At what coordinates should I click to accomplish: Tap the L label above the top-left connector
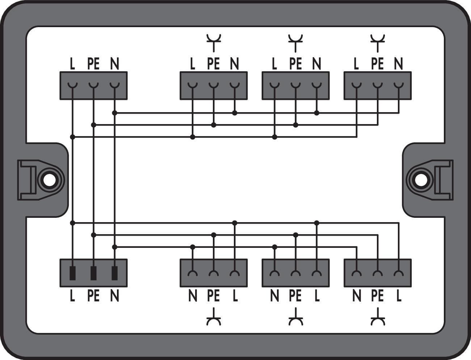72,64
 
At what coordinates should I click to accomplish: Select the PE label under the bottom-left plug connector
93,296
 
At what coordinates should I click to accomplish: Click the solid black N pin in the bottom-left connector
114,273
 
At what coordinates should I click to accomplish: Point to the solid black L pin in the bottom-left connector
72,273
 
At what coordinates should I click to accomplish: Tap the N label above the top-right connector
398,64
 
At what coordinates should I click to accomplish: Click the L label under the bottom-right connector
399,296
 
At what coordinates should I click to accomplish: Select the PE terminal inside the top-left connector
93,85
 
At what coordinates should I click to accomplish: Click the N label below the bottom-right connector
357,296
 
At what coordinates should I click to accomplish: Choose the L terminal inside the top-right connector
357,85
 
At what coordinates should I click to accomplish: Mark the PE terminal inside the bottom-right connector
378,273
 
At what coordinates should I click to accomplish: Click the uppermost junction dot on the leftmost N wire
114,113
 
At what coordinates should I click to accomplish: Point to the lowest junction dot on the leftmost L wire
72,223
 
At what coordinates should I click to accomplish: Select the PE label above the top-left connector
93,64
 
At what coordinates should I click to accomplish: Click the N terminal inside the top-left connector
114,85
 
